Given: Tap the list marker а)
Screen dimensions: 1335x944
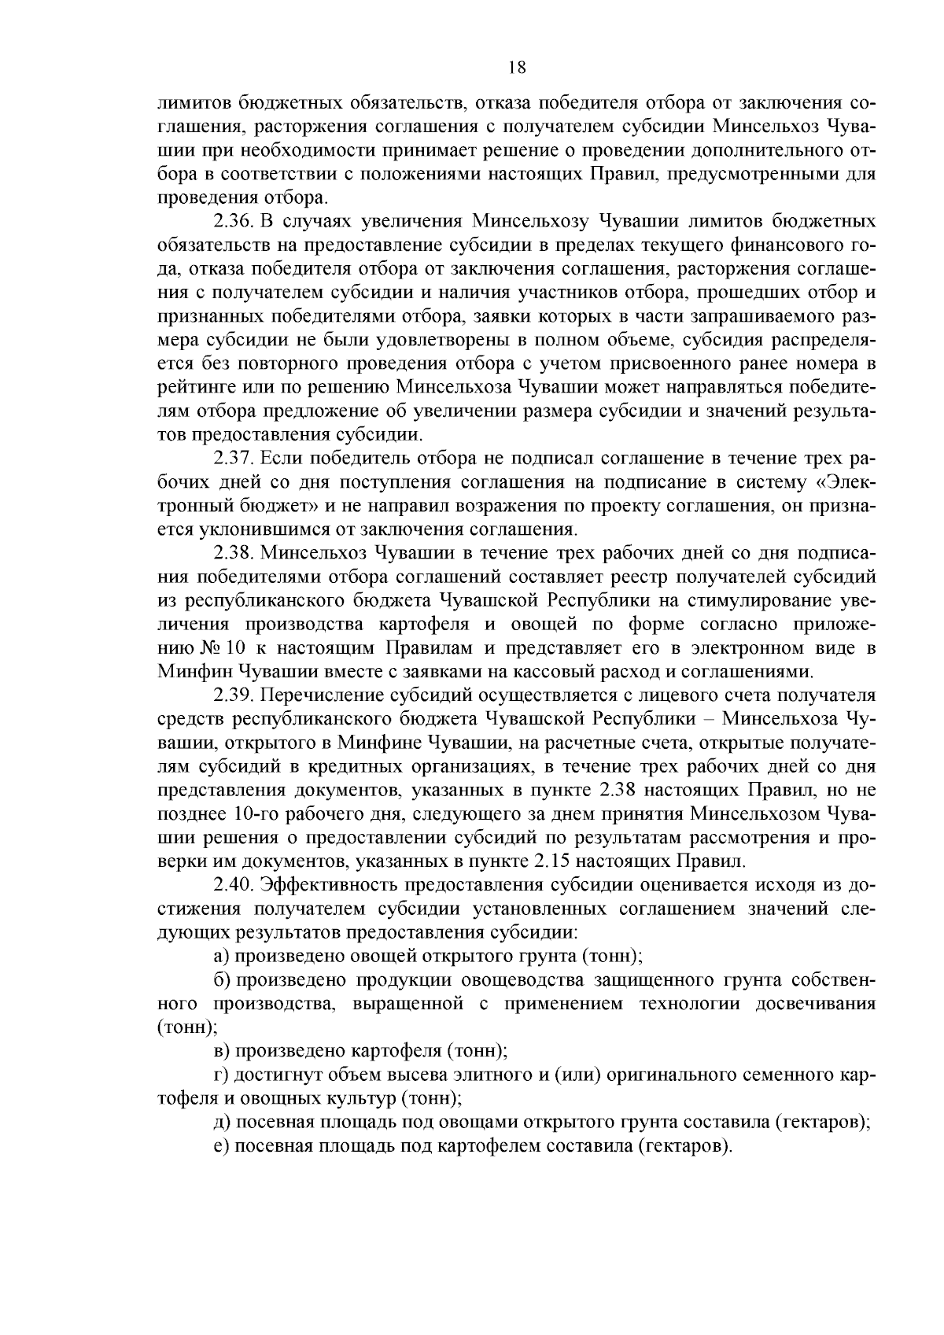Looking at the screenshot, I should [222, 956].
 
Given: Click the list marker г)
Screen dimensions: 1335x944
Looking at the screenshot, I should [221, 1075].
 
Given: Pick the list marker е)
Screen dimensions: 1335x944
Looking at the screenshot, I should [222, 1146].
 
